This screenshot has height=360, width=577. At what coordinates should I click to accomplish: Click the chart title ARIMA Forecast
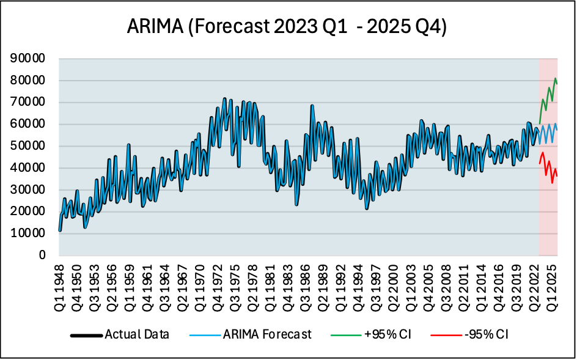[x=288, y=28]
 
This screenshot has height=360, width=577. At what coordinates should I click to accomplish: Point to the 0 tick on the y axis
[x=42, y=255]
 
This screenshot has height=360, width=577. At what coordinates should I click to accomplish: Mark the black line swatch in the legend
[x=86, y=335]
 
